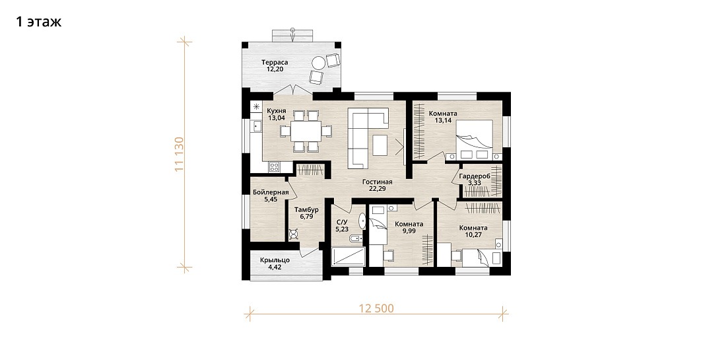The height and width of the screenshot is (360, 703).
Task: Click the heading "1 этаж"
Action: pos(38,22)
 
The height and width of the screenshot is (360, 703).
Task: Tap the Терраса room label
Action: pos(275,62)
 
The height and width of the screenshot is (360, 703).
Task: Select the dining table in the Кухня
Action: pos(306,131)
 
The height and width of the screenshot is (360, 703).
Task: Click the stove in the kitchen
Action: pos(274,167)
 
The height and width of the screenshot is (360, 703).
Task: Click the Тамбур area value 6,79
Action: pos(307,217)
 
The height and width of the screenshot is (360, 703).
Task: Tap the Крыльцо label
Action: pos(275,260)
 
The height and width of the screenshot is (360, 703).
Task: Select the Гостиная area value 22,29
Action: pos(378,189)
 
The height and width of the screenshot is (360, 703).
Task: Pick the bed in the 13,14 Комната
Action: pos(475,139)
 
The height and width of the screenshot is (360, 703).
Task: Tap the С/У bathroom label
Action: pos(342,222)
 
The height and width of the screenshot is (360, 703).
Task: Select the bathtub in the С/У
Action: pos(349,256)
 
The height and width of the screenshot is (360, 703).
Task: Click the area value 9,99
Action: pos(409,231)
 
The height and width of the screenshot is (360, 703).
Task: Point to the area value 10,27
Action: pos(473,234)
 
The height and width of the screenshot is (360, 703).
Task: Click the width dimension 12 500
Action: pos(377,309)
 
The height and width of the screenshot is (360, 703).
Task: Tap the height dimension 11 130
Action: pos(180,154)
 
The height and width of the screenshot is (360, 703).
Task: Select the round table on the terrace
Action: pos(319,63)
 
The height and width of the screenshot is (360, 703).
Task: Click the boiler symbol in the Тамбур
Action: pos(294,234)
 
